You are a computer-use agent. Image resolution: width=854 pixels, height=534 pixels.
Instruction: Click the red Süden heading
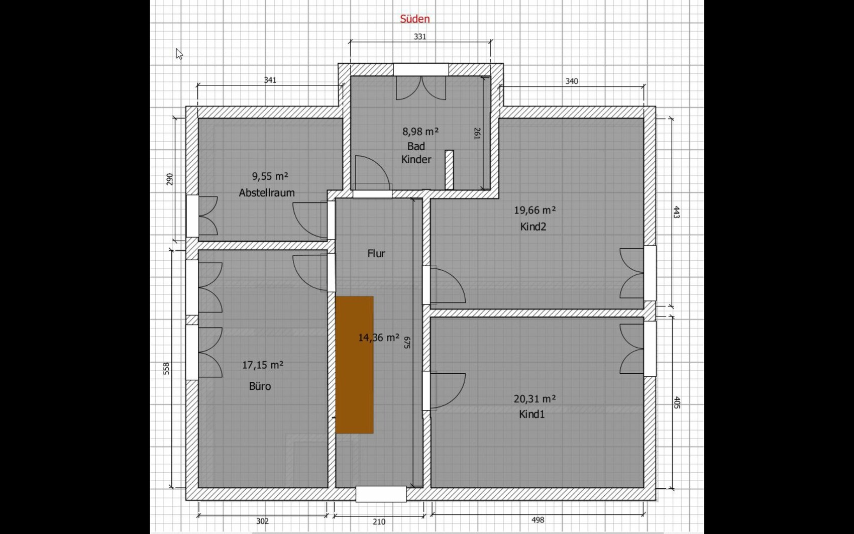click(415, 19)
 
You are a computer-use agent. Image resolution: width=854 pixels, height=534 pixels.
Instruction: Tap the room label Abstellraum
click(267, 193)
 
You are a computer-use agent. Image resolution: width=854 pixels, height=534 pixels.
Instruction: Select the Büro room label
click(260, 386)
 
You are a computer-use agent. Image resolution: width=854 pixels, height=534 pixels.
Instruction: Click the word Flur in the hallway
click(376, 254)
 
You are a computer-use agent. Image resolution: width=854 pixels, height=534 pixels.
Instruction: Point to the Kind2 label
click(533, 227)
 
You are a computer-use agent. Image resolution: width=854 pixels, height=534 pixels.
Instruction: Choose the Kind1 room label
click(532, 414)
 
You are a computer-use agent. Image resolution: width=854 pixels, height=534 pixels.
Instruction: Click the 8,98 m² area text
click(420, 132)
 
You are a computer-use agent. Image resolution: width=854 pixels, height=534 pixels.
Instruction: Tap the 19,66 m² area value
click(535, 210)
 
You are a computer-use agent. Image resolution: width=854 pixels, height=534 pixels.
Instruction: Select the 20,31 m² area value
click(535, 399)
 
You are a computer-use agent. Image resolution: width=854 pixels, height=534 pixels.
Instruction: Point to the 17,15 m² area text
click(263, 365)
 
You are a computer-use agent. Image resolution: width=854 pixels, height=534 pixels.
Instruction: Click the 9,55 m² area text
click(270, 176)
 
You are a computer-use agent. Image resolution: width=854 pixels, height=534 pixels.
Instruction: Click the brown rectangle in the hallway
click(354, 365)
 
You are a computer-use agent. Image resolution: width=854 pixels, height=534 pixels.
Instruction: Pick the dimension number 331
click(420, 37)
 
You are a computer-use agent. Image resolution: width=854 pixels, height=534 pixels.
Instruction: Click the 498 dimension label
click(538, 520)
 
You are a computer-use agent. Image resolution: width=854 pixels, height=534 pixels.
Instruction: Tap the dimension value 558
click(167, 369)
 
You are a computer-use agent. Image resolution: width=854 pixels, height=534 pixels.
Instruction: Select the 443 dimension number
click(676, 212)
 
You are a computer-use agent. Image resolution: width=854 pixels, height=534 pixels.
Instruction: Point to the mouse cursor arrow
click(179, 54)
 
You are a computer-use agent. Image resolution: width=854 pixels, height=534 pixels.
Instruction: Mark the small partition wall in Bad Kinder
click(449, 170)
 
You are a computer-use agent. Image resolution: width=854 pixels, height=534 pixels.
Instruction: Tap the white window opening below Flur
click(381, 494)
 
